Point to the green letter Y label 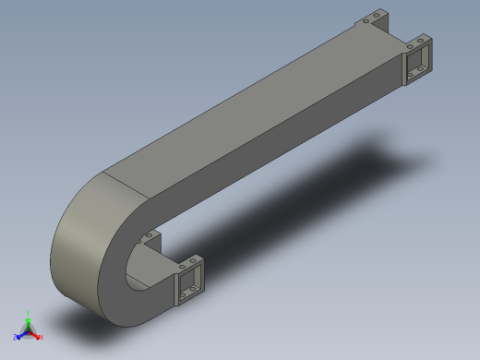click(29, 313)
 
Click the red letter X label click(42, 338)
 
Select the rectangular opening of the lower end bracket click(191, 281)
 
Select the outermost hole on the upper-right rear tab click(377, 16)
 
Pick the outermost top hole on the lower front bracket click(198, 259)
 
